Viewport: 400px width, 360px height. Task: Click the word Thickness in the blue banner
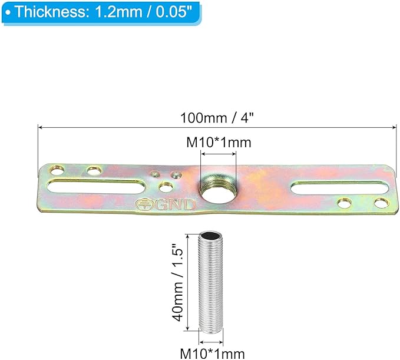pyautogui.click(x=50, y=11)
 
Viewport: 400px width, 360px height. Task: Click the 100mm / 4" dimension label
pyautogui.click(x=217, y=118)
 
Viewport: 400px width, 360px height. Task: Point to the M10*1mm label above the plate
pyautogui.click(x=219, y=143)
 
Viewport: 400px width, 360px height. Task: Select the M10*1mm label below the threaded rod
pyautogui.click(x=213, y=354)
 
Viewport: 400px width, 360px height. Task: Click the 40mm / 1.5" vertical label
pyautogui.click(x=178, y=282)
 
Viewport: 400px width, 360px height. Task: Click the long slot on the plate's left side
pyautogui.click(x=95, y=187)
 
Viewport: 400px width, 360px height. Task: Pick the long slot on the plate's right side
pyautogui.click(x=339, y=189)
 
